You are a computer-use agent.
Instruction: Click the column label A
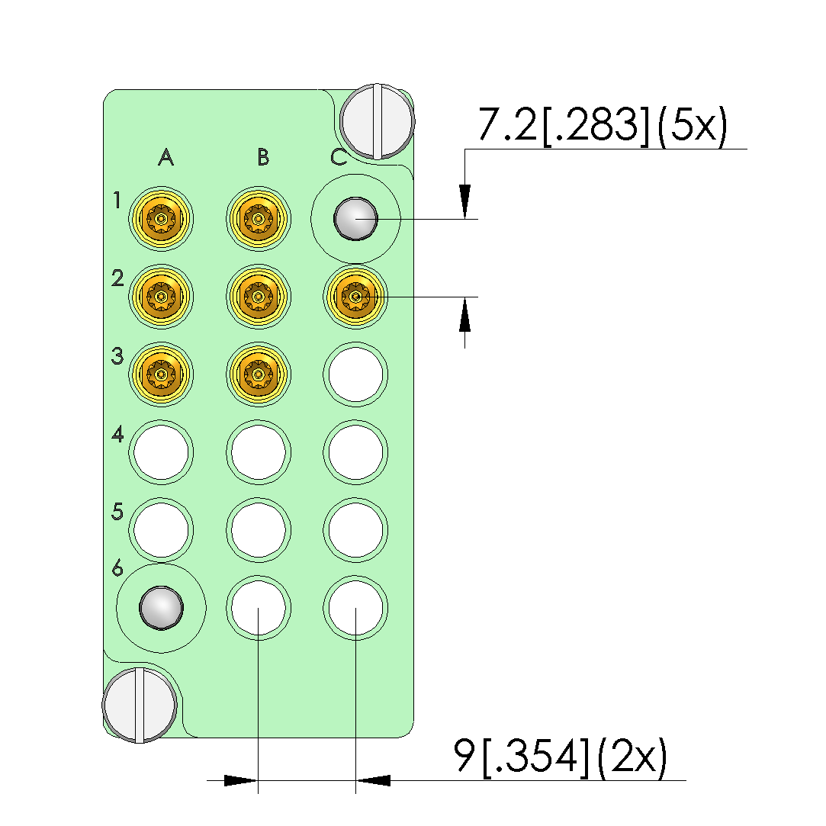166,157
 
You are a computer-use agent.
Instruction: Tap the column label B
263,157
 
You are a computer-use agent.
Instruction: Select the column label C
339,157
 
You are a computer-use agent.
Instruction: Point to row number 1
117,200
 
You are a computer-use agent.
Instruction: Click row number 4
117,434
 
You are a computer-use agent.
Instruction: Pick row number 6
117,568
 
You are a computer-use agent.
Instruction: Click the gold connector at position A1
161,218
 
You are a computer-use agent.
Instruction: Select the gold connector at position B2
258,297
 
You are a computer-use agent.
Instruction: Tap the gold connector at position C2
355,297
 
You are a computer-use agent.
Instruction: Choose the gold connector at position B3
258,374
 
